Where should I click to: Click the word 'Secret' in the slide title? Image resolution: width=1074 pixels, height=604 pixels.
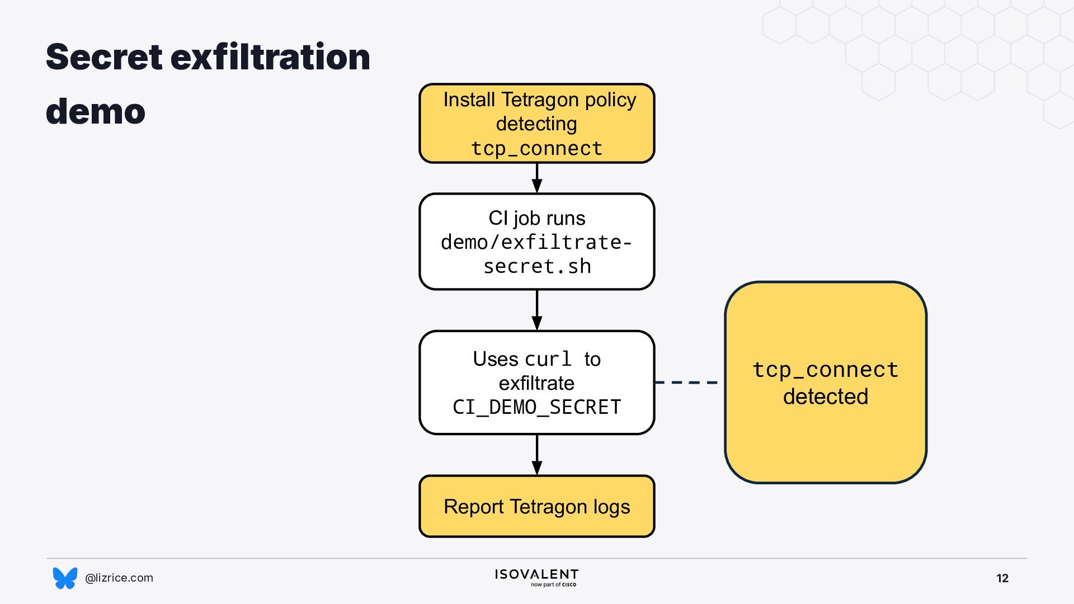coord(104,57)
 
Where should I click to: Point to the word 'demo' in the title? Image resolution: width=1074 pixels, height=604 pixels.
coord(96,111)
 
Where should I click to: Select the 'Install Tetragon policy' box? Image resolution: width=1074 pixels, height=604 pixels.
coord(537,123)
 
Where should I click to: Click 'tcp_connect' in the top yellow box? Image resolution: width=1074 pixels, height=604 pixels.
coord(537,148)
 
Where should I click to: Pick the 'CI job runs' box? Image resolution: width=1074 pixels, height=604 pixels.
coord(537,242)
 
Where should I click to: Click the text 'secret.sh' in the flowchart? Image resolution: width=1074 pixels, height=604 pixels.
coord(537,266)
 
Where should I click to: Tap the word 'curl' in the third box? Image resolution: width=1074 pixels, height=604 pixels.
coord(548,358)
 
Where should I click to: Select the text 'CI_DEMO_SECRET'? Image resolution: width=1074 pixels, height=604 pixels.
coord(537,407)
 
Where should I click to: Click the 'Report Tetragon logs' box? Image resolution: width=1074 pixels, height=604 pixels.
coord(537,506)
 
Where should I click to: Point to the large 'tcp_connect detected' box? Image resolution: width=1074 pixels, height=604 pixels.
coord(826,383)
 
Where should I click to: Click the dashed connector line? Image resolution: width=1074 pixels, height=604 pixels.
coord(686,383)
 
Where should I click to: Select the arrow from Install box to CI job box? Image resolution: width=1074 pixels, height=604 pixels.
coord(537,178)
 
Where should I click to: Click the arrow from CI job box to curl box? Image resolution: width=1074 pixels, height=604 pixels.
coord(537,310)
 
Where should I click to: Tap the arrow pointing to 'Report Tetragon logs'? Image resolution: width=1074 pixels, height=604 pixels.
coord(537,455)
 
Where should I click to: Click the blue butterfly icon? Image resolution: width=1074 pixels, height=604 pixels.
coord(65,578)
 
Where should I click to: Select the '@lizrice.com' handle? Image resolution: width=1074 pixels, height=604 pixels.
coord(119,578)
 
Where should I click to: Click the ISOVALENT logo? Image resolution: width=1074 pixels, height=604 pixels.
coord(536,578)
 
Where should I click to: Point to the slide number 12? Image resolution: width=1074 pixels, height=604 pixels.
coord(1002,578)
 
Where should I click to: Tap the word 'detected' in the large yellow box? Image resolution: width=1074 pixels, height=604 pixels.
coord(826,397)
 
